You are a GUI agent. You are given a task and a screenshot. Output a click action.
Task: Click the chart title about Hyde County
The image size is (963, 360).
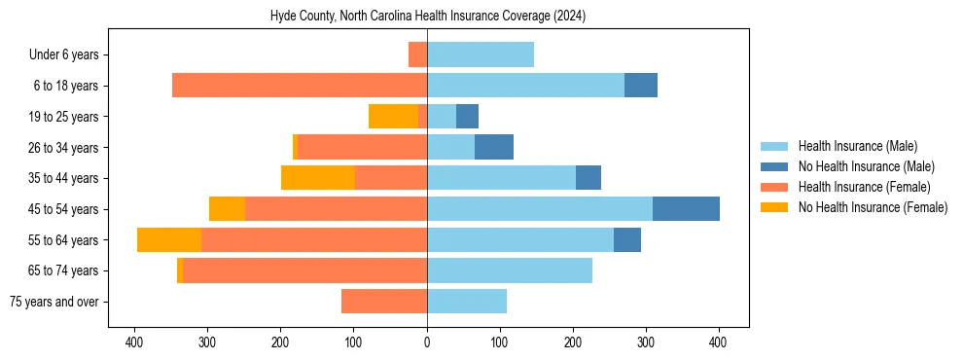tap(427, 17)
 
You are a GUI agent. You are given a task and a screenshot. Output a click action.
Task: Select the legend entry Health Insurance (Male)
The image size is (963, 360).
tap(857, 146)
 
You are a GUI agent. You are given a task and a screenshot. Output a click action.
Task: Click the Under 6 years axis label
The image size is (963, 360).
tap(70, 55)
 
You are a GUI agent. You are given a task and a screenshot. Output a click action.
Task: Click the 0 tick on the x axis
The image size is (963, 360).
tap(427, 342)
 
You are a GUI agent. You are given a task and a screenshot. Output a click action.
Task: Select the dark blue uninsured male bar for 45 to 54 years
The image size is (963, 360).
tap(686, 209)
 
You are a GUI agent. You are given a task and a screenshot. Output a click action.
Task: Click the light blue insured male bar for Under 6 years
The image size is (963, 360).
tap(481, 55)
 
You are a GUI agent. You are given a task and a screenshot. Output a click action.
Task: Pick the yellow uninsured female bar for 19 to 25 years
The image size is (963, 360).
tap(393, 117)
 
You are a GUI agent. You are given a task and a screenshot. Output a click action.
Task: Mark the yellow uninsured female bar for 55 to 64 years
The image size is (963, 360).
tap(169, 240)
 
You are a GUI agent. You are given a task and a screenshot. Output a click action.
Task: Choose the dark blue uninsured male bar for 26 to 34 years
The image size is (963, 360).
tap(494, 148)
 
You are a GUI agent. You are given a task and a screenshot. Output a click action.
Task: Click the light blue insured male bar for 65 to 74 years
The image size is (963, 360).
tap(510, 270)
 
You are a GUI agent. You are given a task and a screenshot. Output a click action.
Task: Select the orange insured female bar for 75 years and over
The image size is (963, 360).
tap(384, 302)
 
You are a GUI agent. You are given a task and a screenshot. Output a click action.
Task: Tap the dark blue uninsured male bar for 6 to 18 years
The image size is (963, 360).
tap(641, 86)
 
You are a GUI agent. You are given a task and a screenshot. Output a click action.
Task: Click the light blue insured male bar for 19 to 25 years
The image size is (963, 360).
tap(442, 117)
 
